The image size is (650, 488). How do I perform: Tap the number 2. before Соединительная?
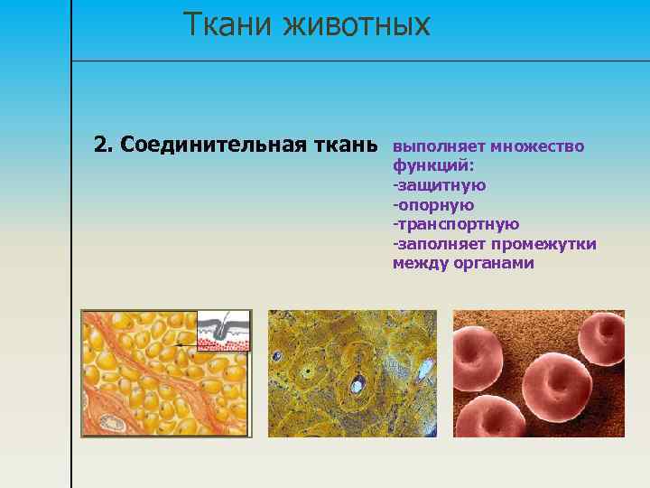[104, 145]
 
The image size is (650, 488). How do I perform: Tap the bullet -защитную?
[439, 185]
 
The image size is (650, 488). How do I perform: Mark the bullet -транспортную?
[455, 224]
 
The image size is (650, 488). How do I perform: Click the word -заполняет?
[440, 244]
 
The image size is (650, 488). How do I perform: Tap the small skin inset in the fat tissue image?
[222, 331]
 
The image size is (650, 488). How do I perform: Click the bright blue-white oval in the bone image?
[357, 386]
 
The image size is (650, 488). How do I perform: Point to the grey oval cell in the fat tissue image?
[111, 422]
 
